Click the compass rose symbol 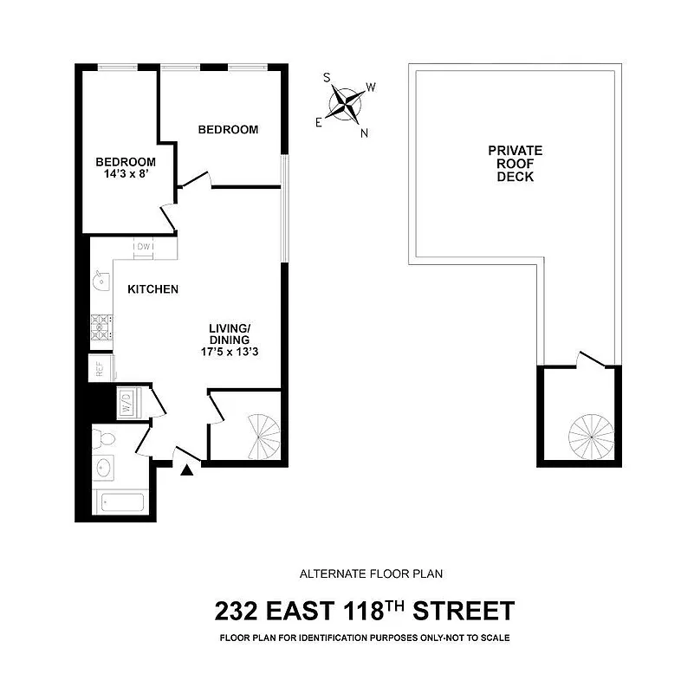point(348,105)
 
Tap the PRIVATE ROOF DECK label point(515,163)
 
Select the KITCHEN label point(153,289)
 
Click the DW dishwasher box point(144,247)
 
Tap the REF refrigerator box point(101,368)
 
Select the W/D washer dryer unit point(126,403)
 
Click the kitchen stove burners point(101,326)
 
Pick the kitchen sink point(101,280)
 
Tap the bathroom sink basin point(105,468)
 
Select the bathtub point(120,502)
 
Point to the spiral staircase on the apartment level point(262,436)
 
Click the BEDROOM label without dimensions point(228,130)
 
